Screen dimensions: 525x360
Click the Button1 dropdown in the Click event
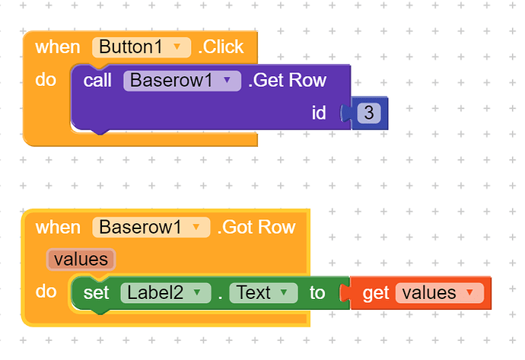tap(142, 47)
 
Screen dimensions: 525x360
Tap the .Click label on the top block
tap(221, 47)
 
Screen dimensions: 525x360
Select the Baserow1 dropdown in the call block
tap(182, 81)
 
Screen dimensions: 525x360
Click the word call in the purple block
tap(97, 81)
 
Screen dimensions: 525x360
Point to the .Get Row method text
tap(288, 81)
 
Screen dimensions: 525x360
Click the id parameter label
tap(319, 113)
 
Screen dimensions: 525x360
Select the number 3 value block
tap(368, 113)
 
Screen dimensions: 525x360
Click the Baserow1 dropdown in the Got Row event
tap(151, 228)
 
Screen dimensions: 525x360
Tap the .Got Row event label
tap(256, 228)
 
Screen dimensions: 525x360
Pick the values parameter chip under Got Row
tap(81, 260)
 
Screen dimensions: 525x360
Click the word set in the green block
tap(96, 293)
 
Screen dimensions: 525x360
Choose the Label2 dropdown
tap(166, 293)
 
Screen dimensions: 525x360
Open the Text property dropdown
tap(263, 293)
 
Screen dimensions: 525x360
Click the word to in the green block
tap(317, 293)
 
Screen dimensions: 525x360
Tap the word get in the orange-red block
tap(376, 294)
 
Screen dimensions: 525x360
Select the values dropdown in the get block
tap(440, 293)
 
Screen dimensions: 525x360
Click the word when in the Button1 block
tap(58, 47)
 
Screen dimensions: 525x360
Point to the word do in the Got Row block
tap(46, 292)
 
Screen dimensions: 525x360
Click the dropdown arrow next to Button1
tap(177, 47)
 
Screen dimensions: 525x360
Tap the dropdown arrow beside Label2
tap(197, 293)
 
